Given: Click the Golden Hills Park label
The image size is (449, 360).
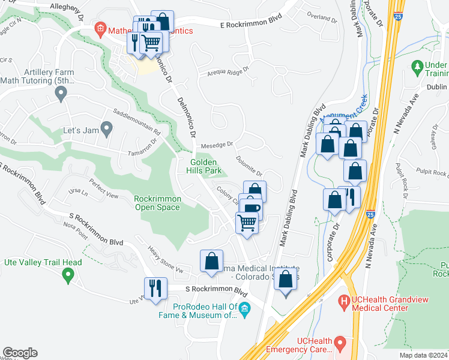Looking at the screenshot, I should click(206, 166).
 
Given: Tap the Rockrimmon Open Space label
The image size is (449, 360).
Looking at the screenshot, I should click(157, 203).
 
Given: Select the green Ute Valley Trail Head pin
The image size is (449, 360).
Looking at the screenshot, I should click(68, 275).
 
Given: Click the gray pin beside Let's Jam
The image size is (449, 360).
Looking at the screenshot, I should click(106, 128).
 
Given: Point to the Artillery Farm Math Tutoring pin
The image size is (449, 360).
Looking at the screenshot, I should click(60, 94).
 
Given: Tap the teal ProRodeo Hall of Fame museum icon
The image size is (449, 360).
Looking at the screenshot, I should click(244, 310).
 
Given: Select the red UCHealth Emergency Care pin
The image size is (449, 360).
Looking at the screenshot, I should click(340, 344).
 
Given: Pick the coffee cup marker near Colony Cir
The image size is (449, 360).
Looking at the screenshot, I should click(250, 208).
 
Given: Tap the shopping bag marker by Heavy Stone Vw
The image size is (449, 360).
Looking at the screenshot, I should click(211, 261).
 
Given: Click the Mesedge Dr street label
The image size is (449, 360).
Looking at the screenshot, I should click(217, 144).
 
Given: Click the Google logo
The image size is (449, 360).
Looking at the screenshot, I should click(20, 353).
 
